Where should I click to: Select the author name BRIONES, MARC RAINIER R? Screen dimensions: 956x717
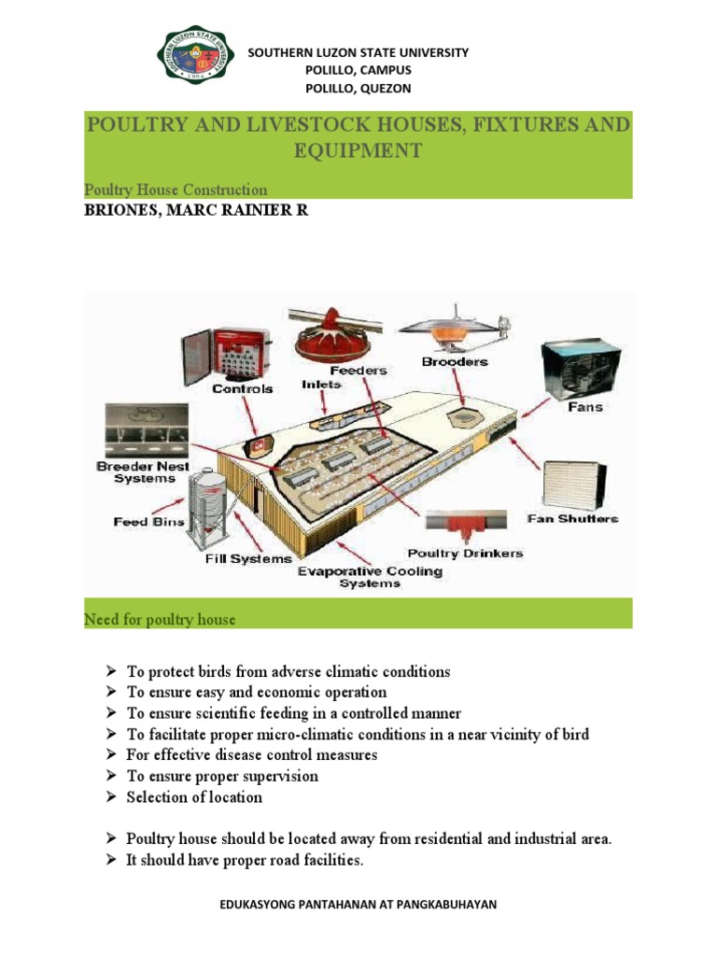tap(196, 211)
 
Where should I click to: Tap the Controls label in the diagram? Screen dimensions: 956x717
tap(243, 387)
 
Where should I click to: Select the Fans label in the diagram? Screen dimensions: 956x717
tap(585, 407)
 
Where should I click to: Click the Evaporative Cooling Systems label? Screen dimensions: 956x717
tap(370, 577)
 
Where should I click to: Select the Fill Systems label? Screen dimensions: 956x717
tap(248, 558)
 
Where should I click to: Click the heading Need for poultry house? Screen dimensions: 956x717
tap(160, 619)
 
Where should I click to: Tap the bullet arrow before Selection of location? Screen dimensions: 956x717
tap(109, 797)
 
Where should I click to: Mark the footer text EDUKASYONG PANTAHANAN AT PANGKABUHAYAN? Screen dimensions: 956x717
tap(358, 905)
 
